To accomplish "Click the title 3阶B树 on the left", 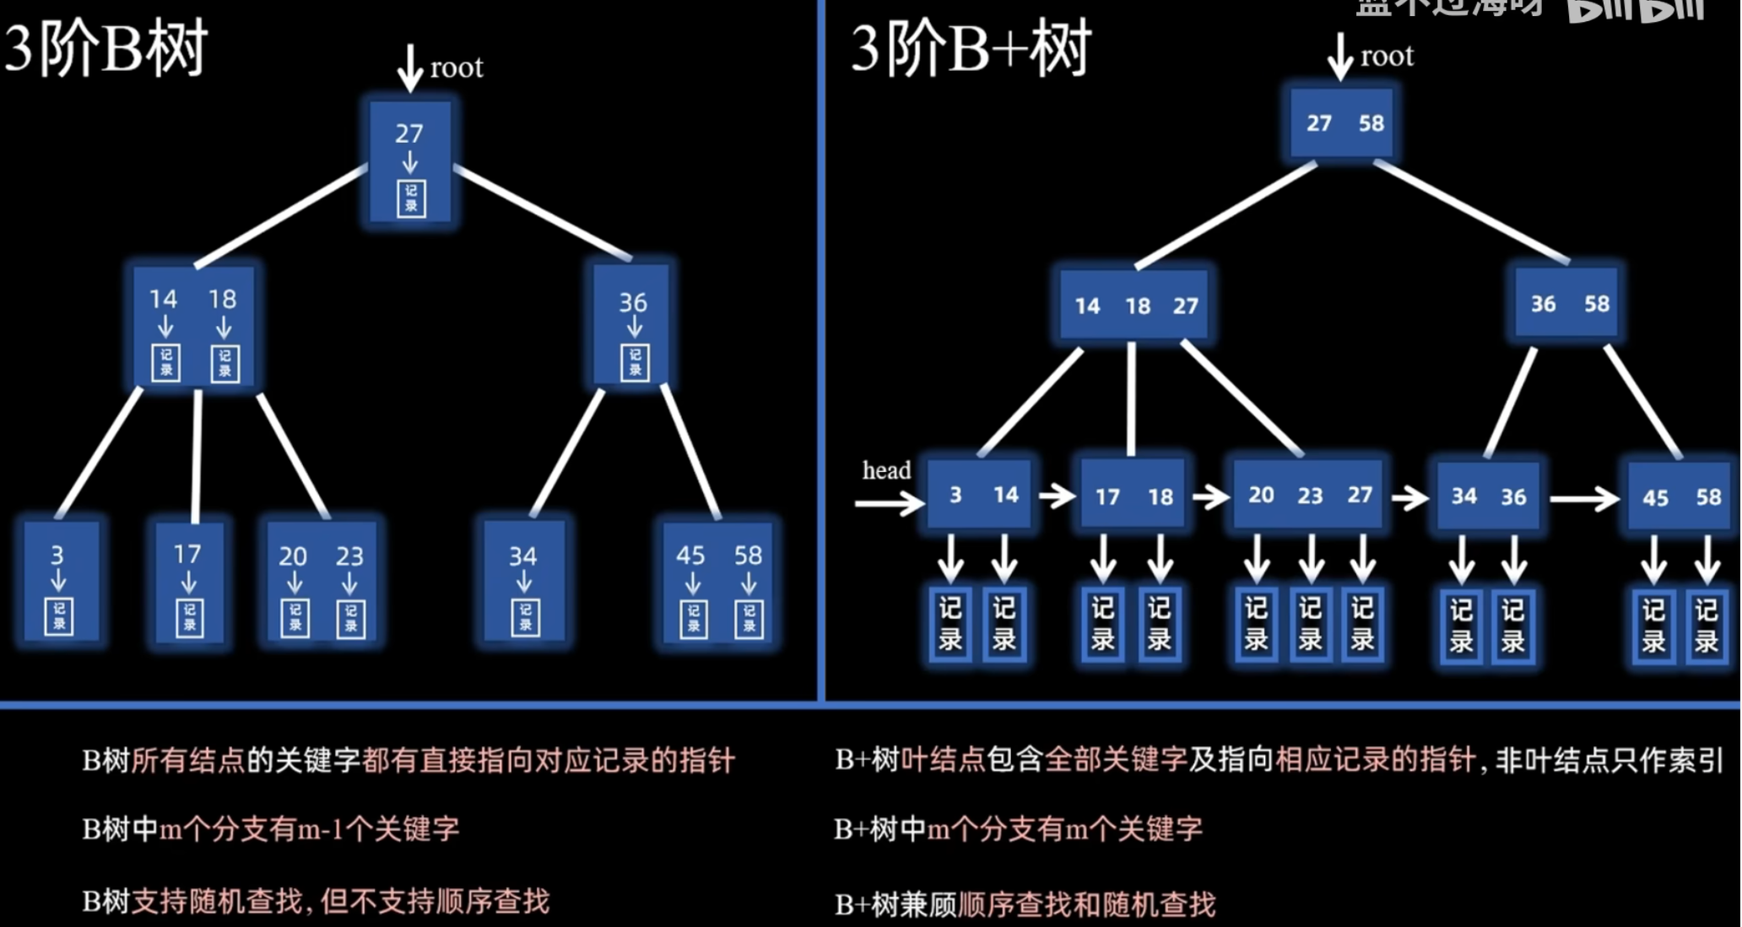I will [x=105, y=49].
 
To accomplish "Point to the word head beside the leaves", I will [x=886, y=470].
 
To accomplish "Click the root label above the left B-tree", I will [x=457, y=68].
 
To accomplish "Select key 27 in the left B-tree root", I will [x=409, y=133].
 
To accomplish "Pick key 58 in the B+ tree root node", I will [x=1371, y=123].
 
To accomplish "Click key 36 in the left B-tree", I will [x=633, y=302].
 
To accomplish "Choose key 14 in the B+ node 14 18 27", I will [x=1087, y=306].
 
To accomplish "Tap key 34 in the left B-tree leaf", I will [x=522, y=556].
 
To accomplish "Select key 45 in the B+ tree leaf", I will [x=1655, y=498].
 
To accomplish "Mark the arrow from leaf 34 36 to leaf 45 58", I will [x=1584, y=499].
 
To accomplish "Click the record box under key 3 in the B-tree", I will [x=59, y=616].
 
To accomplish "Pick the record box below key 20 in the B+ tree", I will [x=1256, y=624].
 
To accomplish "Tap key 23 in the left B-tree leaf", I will [x=349, y=556].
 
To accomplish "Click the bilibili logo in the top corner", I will [x=1636, y=10].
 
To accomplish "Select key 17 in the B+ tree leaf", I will [x=1107, y=497].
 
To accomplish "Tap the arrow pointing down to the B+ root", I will [x=1339, y=57].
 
